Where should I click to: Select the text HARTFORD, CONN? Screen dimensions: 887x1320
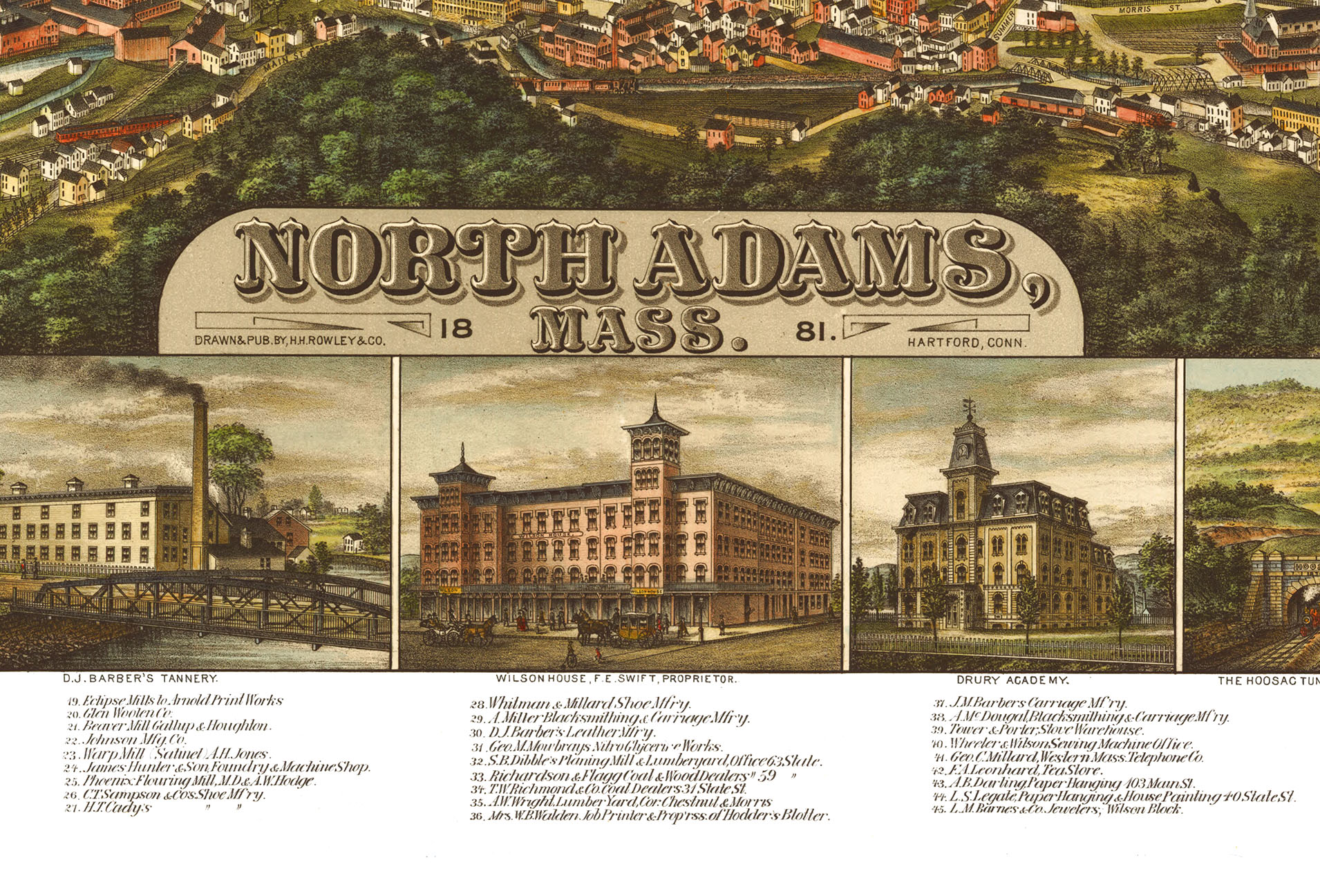pyautogui.click(x=968, y=342)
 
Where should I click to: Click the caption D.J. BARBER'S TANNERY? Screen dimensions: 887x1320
pyautogui.click(x=140, y=679)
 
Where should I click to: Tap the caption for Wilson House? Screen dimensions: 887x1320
pyautogui.click(x=616, y=680)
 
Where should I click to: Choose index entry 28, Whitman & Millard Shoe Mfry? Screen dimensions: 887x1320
pyautogui.click(x=581, y=704)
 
